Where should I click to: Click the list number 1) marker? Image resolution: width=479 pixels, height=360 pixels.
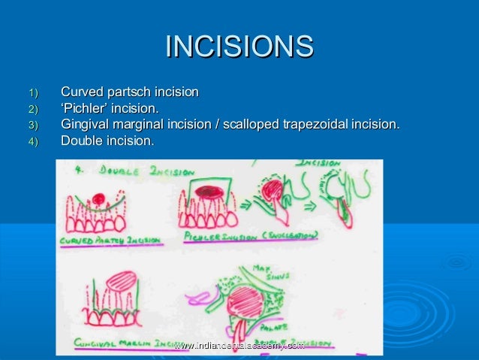pos(32,93)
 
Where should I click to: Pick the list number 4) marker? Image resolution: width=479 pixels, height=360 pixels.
pos(32,141)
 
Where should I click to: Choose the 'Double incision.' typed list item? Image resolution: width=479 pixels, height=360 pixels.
pos(107,141)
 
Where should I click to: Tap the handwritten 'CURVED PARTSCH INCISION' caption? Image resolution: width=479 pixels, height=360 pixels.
pos(109,240)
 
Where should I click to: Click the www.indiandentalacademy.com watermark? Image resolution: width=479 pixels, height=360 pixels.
pos(239,344)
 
